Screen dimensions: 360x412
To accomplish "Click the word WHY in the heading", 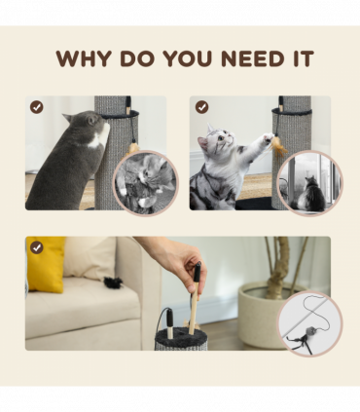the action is click(x=84, y=58).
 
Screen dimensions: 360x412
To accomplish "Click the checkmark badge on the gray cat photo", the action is click(x=37, y=107).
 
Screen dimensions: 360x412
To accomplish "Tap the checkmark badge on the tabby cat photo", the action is click(x=201, y=107).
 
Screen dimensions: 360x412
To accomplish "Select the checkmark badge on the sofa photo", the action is click(x=37, y=247).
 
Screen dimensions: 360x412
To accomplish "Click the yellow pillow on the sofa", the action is click(x=47, y=264).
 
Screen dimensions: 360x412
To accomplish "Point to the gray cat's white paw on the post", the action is click(x=105, y=131).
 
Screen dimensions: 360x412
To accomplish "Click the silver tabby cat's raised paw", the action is click(x=269, y=138).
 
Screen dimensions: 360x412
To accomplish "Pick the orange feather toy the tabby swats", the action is click(x=279, y=146).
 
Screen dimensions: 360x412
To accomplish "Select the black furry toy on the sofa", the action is click(x=114, y=282).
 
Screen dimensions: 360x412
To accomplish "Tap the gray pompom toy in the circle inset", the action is click(x=310, y=331).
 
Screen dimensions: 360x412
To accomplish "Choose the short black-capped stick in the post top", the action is click(x=170, y=324).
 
